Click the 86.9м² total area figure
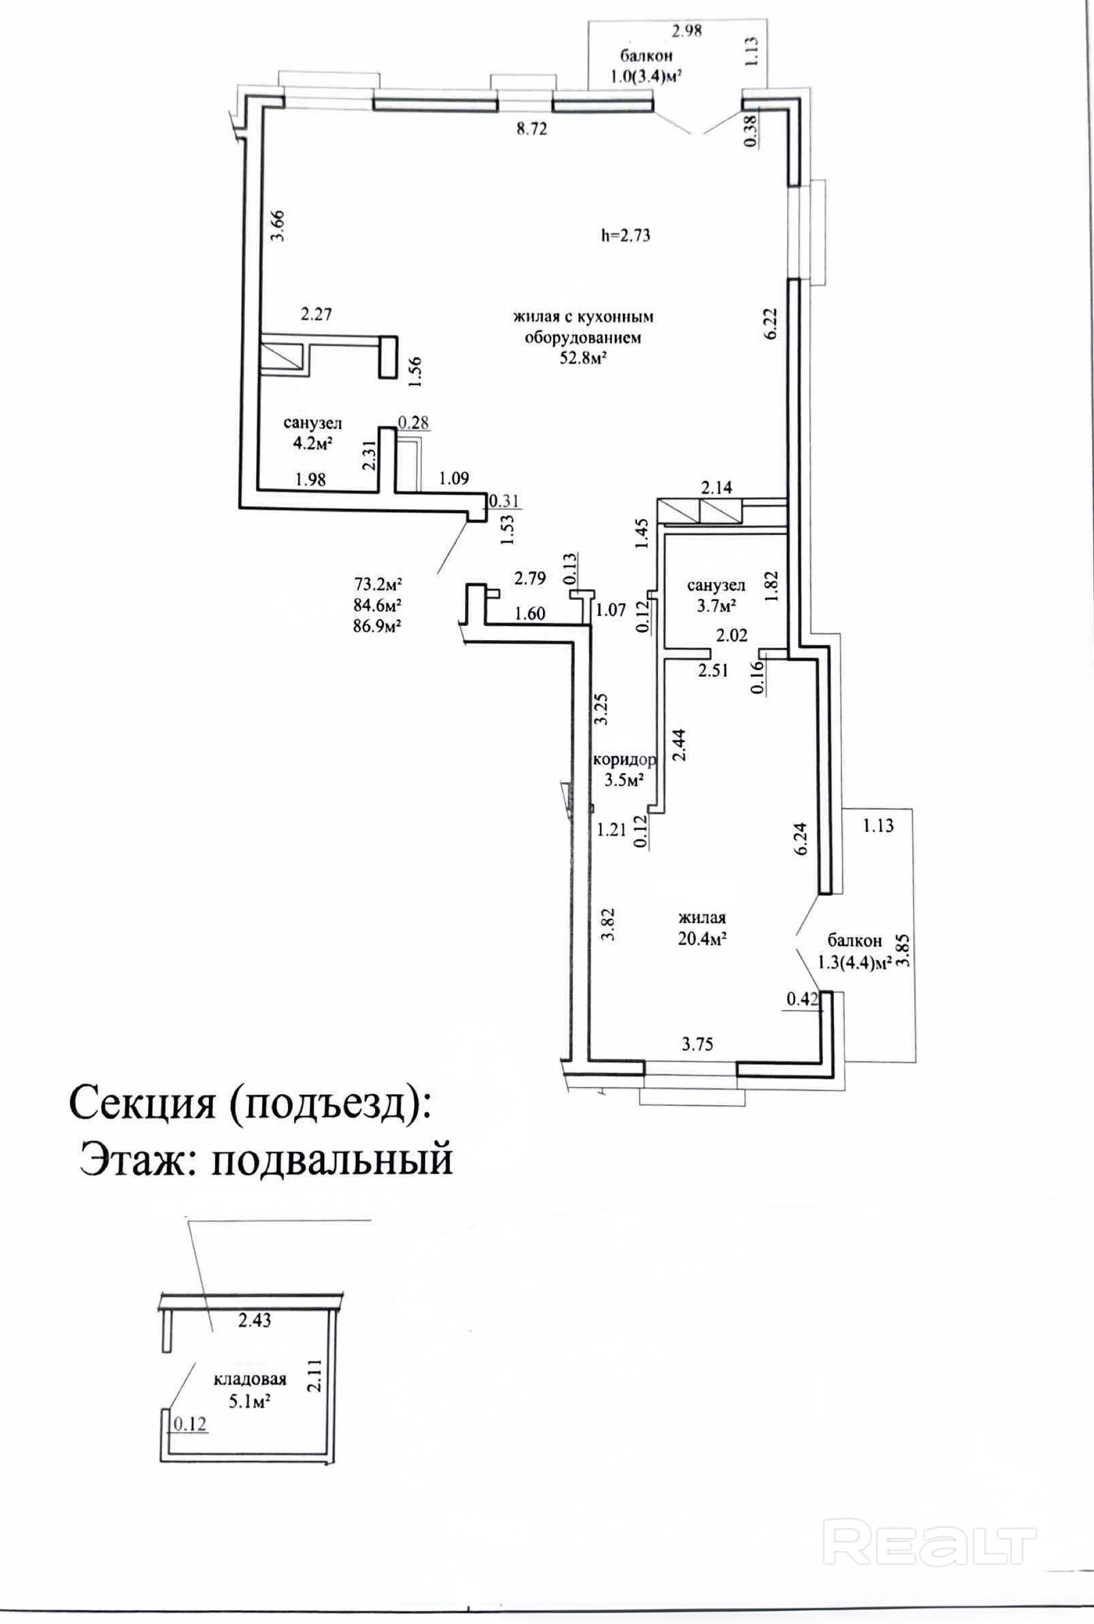point(379,625)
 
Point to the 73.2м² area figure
point(379,583)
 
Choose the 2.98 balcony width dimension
point(686,31)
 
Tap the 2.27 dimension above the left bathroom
point(315,315)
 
